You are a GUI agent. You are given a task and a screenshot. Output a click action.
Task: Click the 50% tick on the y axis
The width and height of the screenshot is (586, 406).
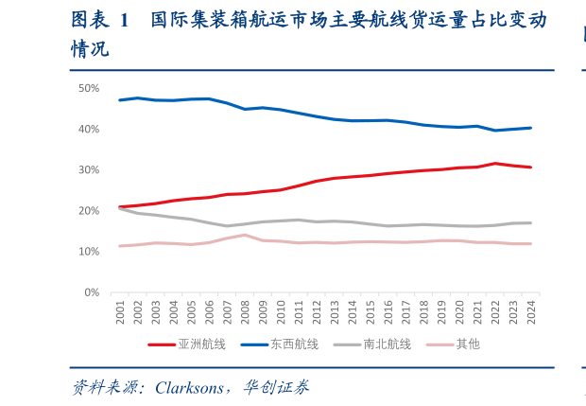pyautogui.click(x=89, y=88)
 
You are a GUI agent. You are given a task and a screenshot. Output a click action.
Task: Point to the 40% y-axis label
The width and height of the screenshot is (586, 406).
pyautogui.click(x=89, y=129)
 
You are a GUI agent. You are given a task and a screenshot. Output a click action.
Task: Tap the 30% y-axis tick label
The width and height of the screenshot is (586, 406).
pyautogui.click(x=89, y=169)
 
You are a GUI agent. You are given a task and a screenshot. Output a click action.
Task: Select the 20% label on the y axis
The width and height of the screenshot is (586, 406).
pyautogui.click(x=89, y=211)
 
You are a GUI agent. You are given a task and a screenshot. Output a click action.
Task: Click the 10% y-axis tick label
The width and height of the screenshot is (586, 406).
pyautogui.click(x=89, y=252)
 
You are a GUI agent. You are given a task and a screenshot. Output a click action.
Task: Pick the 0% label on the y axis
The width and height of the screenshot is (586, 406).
pyautogui.click(x=92, y=292)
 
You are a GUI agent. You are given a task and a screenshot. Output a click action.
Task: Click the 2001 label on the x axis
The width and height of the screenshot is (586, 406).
pyautogui.click(x=120, y=313)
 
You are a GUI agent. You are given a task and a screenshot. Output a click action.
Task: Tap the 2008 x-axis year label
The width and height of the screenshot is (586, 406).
pyautogui.click(x=245, y=313)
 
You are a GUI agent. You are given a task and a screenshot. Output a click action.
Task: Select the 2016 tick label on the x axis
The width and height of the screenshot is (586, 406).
pyautogui.click(x=388, y=313)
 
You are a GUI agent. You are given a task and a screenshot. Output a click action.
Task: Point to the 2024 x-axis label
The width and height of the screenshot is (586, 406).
pyautogui.click(x=530, y=313)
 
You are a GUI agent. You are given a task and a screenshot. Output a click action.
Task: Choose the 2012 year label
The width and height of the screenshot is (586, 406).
pyautogui.click(x=317, y=313)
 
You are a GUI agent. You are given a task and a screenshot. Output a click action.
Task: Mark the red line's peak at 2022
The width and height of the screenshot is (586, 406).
pyautogui.click(x=494, y=164)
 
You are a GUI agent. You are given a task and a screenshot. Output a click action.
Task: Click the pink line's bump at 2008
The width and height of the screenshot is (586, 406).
pyautogui.click(x=245, y=235)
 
